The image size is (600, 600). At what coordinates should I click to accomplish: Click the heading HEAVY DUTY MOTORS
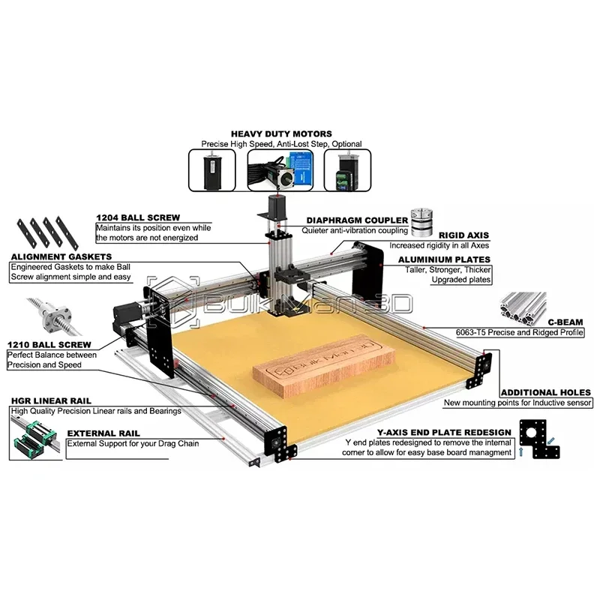[281, 134]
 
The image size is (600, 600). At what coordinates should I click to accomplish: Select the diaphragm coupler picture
[421, 223]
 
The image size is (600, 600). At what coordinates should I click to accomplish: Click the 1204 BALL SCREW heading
[138, 217]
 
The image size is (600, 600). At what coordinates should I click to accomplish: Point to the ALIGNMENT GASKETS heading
[61, 256]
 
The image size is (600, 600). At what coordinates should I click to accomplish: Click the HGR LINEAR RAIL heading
[51, 401]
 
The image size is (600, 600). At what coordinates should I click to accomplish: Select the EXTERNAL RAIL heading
[103, 433]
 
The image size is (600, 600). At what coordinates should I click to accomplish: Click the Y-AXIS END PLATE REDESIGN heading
[444, 433]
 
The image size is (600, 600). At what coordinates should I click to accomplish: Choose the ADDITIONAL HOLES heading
[546, 392]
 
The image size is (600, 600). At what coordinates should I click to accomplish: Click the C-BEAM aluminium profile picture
[523, 309]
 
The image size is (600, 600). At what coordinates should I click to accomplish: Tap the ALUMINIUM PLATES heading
[444, 259]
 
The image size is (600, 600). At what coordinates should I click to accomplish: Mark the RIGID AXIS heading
[463, 235]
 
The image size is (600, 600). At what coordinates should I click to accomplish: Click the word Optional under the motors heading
[346, 144]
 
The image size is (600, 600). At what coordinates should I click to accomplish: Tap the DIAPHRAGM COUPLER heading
[357, 220]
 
